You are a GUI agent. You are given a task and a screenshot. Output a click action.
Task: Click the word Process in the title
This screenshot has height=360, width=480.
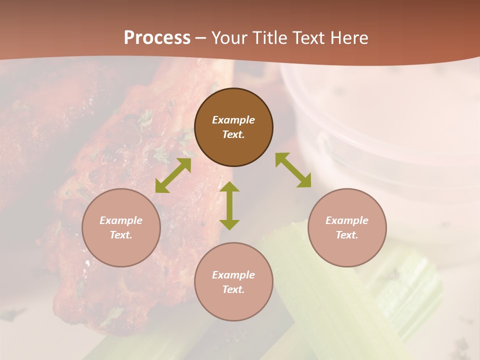point(157,38)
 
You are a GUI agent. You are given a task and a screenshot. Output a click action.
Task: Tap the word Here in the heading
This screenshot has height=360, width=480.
point(348,38)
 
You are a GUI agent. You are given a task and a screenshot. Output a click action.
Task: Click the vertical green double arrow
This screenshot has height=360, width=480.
point(229,205)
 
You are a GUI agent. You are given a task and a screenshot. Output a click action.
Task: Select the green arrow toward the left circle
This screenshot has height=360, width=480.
point(173,175)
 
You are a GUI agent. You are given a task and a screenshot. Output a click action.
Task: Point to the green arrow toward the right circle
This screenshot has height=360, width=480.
point(293,170)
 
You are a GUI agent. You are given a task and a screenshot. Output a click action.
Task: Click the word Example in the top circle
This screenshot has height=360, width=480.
point(233,120)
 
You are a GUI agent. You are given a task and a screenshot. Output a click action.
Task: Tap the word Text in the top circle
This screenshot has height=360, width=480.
point(233,134)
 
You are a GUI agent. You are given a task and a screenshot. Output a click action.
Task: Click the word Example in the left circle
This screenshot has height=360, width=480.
point(121,220)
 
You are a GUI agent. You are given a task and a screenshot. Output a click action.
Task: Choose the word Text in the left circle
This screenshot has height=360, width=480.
point(121,235)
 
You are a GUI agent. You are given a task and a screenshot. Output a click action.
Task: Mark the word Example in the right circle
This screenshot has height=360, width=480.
point(347,220)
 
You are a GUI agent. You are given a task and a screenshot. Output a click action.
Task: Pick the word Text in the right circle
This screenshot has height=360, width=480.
point(347,235)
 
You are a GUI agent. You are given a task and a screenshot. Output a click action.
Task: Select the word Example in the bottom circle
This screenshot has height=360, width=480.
point(233,275)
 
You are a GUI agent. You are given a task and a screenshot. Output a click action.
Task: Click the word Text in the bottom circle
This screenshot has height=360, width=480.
point(233,289)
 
